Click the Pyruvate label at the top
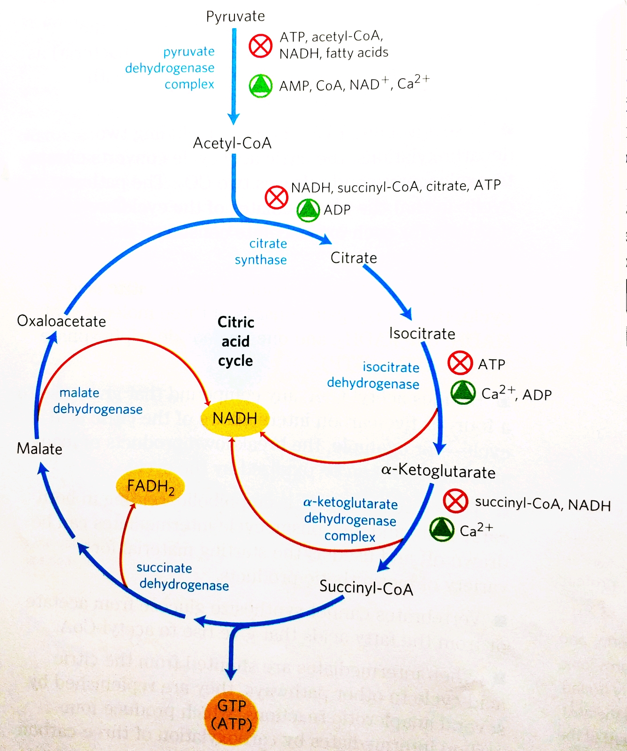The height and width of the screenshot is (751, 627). click(235, 16)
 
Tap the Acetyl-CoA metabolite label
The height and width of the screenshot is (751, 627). click(232, 143)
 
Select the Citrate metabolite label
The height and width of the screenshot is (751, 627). click(354, 258)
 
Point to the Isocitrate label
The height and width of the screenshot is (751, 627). click(422, 333)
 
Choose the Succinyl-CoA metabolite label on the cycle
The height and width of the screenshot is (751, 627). click(366, 587)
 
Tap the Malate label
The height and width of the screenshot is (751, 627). click(39, 449)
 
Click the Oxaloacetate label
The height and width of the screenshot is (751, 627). click(61, 321)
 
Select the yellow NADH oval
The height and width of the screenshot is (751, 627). click(234, 418)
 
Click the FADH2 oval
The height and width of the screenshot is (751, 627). click(150, 487)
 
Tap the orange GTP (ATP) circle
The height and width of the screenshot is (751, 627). click(231, 715)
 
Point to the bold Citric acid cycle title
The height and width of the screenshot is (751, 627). click(235, 341)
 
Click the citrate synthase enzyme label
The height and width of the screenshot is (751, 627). click(261, 252)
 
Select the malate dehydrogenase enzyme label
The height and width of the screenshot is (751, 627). click(98, 401)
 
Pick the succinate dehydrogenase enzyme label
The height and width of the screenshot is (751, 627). click(183, 576)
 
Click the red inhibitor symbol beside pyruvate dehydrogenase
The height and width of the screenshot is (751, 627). click(260, 46)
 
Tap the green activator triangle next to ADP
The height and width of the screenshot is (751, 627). click(308, 210)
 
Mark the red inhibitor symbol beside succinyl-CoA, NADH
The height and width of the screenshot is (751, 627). click(455, 501)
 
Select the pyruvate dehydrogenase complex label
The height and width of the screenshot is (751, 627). click(170, 68)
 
